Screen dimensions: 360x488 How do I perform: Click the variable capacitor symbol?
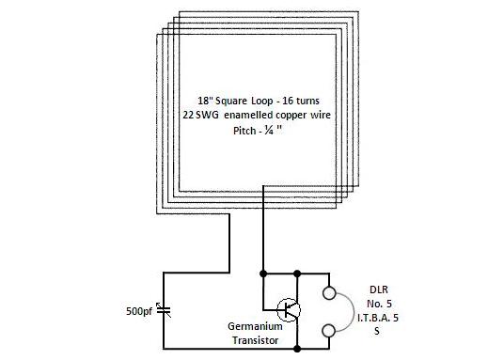pos(165,308)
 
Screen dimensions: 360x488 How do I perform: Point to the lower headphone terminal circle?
pos(329,330)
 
